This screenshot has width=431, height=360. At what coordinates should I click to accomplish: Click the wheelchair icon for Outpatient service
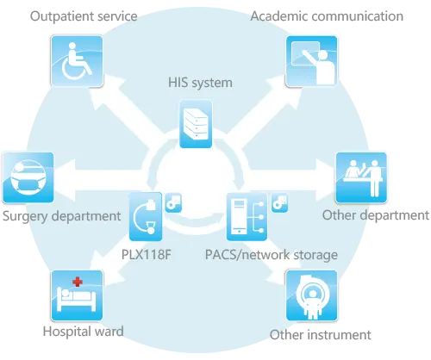point(77,61)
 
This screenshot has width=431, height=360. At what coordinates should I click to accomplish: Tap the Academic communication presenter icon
point(311,61)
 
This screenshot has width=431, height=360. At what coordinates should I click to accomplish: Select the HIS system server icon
point(196,124)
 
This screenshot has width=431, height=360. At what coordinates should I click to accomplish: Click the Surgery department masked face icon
point(28,177)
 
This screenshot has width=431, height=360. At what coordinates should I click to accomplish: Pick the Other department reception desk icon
point(361,177)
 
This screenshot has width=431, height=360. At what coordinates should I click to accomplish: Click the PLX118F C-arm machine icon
point(146,217)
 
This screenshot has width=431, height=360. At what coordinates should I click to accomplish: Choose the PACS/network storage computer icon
point(247,217)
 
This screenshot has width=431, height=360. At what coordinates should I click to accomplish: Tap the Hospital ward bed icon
point(77,295)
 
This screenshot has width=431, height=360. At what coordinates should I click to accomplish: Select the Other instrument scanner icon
point(311,295)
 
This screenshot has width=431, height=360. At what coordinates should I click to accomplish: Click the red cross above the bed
point(78,282)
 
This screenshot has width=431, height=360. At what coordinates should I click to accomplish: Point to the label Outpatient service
point(84,16)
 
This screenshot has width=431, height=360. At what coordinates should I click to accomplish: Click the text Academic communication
point(327,16)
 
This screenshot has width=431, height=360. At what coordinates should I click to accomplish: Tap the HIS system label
point(200,83)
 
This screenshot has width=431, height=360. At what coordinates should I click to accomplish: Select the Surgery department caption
point(61,216)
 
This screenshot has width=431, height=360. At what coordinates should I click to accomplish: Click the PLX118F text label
point(147,254)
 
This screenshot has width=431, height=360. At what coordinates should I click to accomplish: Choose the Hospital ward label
point(84,332)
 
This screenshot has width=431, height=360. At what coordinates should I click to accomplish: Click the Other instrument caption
point(321,335)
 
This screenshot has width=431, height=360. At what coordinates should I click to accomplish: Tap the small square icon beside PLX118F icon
point(173,202)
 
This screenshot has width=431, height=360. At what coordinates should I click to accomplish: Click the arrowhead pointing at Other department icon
point(326,179)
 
